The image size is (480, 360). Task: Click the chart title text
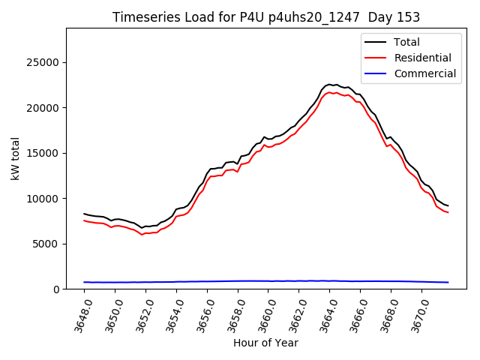pos(266,17)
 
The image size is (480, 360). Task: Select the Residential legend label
pos(424,58)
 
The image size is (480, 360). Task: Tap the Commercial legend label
pos(425,73)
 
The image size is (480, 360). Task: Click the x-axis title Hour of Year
pos(265,343)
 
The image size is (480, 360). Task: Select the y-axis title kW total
pos(15,158)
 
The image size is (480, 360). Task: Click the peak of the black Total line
pos(329,85)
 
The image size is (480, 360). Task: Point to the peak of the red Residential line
pos(331,91)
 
